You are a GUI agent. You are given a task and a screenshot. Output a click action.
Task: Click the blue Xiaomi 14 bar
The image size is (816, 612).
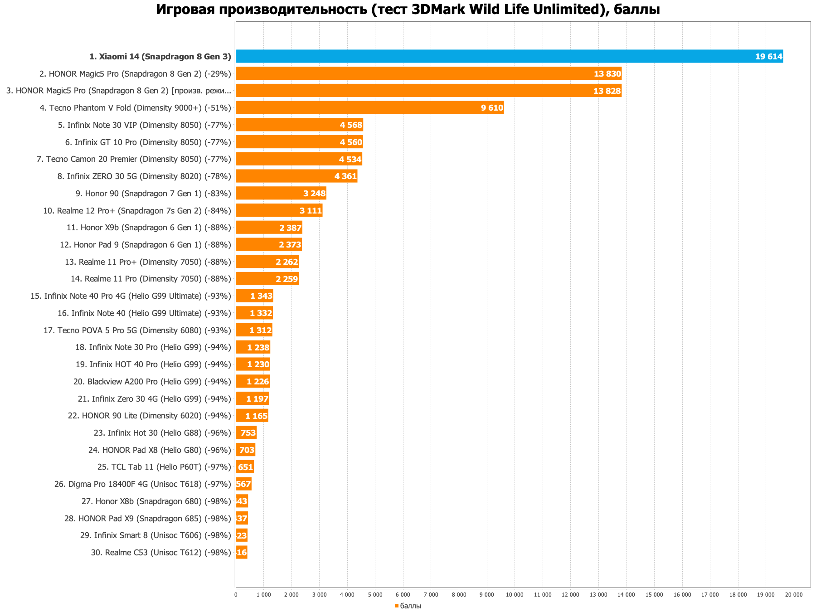tap(499, 56)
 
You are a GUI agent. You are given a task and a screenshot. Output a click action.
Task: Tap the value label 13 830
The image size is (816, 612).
tap(607, 73)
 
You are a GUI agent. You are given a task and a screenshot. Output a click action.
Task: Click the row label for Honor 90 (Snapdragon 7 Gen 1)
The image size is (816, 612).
tap(153, 194)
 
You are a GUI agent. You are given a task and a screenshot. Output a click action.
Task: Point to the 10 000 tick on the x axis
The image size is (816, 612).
tap(515, 595)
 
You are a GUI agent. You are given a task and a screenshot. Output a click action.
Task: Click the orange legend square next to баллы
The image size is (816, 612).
tap(396, 606)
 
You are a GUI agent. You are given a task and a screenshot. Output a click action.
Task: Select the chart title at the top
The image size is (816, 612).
tap(408, 9)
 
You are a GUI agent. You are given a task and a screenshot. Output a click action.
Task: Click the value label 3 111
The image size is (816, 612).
tap(311, 211)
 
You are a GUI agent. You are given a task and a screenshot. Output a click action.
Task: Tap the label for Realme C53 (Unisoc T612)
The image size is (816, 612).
tap(161, 553)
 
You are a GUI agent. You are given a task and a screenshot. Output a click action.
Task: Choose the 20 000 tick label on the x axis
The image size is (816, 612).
tap(794, 595)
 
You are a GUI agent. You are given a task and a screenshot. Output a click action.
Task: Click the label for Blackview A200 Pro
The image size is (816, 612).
tap(152, 382)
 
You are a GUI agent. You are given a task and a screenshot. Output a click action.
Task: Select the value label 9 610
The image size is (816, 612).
tap(492, 108)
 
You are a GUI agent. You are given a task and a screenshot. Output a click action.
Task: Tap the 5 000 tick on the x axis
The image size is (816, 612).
tap(375, 595)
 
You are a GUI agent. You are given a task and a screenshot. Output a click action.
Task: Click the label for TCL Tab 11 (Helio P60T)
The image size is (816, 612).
tap(164, 467)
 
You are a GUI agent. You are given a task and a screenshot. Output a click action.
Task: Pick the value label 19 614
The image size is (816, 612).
tap(768, 57)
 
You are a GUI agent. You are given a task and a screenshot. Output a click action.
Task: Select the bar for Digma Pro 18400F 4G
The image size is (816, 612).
tap(243, 484)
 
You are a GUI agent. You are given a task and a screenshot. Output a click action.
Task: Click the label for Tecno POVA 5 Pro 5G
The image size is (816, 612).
tap(137, 330)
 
